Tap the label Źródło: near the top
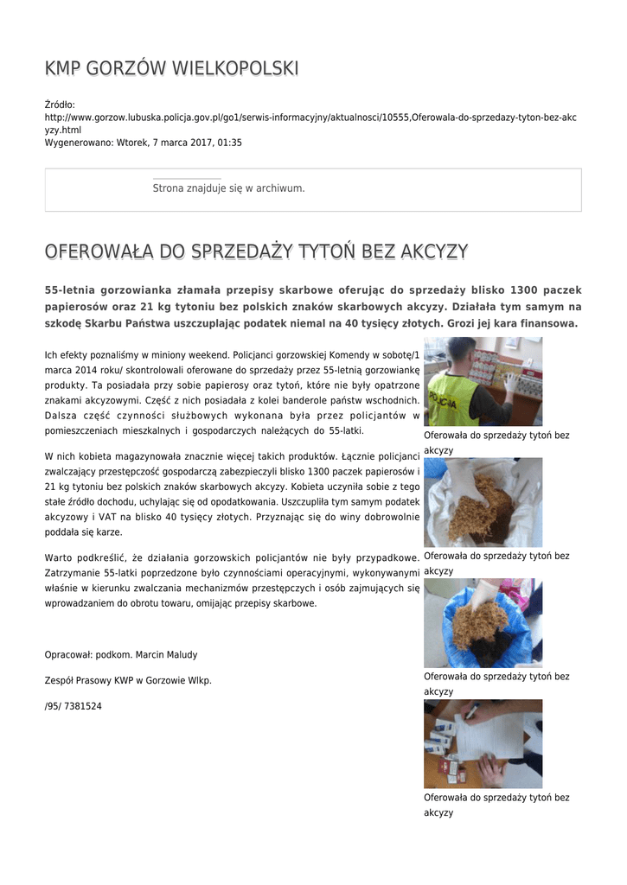click(x=61, y=105)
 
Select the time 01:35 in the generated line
click(x=229, y=143)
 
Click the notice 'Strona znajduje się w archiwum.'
click(x=228, y=188)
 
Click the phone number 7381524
click(x=83, y=706)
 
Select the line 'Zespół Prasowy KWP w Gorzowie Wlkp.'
click(x=128, y=681)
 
